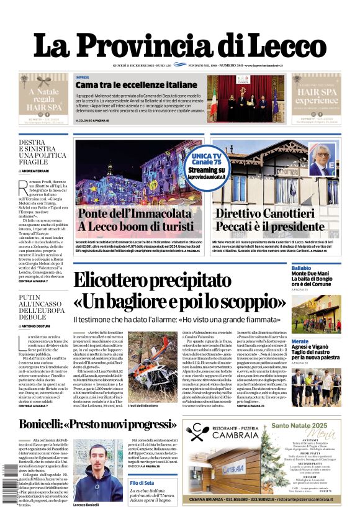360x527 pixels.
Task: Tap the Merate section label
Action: click(300, 341)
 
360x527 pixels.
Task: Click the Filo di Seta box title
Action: click(142, 483)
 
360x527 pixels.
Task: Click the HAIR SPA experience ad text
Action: click(317, 96)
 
